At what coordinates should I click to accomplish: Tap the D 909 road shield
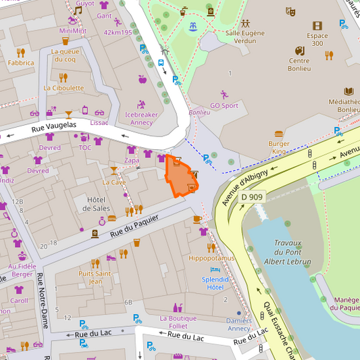pos(252,197)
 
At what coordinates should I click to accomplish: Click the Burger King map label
pos(278,147)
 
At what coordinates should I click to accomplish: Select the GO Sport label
pos(224,105)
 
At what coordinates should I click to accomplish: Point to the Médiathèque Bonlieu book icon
pos(349,91)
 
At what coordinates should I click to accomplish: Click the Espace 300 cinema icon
pos(317,26)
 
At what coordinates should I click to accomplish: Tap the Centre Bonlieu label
pos(299,64)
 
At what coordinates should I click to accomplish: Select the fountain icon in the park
pos(193,26)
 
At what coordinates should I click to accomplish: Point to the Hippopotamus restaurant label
pos(211,258)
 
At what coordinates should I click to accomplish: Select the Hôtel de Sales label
pos(97,203)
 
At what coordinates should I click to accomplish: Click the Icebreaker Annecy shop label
pos(141,118)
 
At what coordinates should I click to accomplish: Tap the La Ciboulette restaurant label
pos(63,88)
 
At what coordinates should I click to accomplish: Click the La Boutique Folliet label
pos(178,322)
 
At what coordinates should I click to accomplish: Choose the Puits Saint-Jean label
pos(95,277)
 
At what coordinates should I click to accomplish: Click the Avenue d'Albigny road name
pos(254,180)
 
